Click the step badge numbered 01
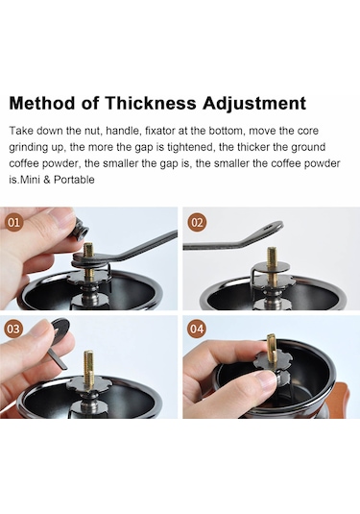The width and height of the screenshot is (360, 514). pyautogui.click(x=13, y=223)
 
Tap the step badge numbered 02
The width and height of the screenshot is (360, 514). pyautogui.click(x=197, y=223)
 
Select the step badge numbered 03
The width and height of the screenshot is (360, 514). pyautogui.click(x=13, y=329)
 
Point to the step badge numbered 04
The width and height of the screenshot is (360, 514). pyautogui.click(x=197, y=329)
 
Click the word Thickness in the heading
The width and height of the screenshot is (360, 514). pyautogui.click(x=151, y=103)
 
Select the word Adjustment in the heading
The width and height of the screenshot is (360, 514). pyautogui.click(x=254, y=104)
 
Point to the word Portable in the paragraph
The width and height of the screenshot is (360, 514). pyautogui.click(x=74, y=180)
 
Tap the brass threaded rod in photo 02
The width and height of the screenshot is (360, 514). pyautogui.click(x=272, y=265)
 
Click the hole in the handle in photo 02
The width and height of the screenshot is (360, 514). pyautogui.click(x=271, y=226)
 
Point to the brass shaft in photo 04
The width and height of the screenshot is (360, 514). pyautogui.click(x=272, y=349)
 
